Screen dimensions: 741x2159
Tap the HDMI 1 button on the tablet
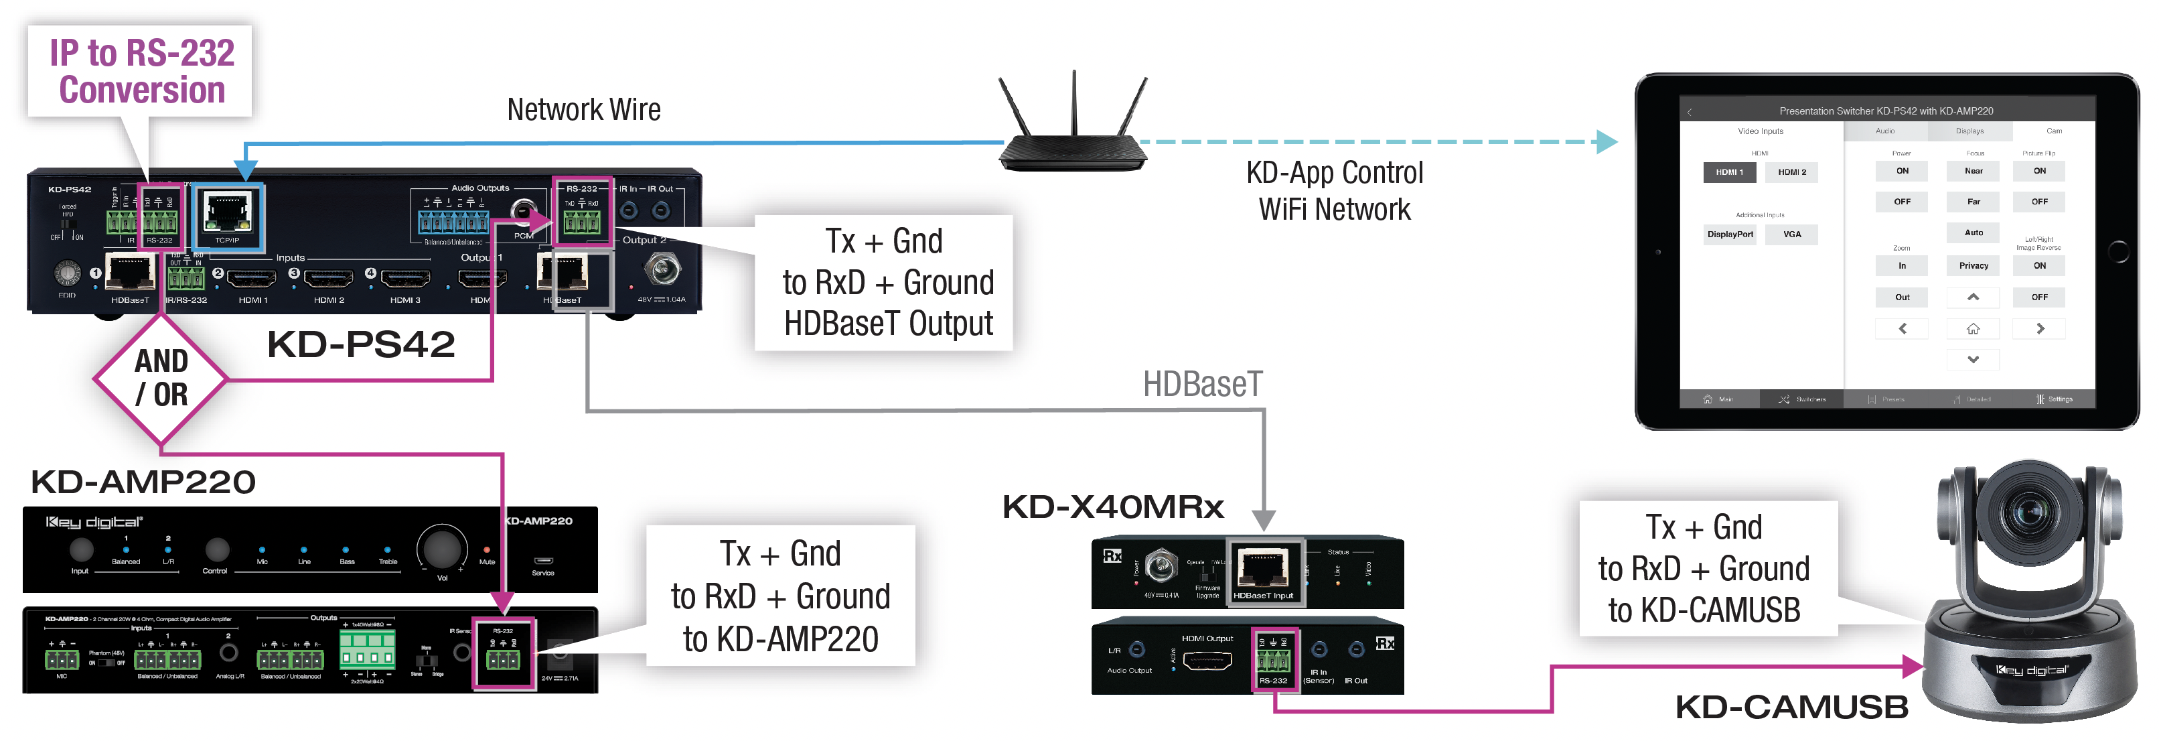[x=1728, y=172]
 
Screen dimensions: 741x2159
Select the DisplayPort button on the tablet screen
[x=1729, y=234]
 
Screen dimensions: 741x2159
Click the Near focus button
[x=1973, y=171]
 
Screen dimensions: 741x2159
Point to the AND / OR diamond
[x=161, y=378]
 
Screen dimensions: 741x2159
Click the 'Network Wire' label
[x=583, y=110]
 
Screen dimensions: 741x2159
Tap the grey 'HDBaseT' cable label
[x=1202, y=384]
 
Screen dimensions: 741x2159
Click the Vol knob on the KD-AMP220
[x=442, y=547]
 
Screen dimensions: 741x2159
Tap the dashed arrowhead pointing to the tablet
[x=1606, y=141]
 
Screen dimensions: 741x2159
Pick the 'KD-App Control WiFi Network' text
[x=1334, y=191]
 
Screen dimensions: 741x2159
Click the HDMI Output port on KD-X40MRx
[x=1207, y=661]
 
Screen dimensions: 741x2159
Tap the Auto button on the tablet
[x=1973, y=233]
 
